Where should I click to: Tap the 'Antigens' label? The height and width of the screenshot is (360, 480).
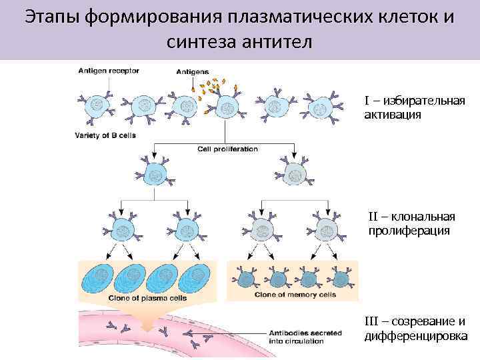193,71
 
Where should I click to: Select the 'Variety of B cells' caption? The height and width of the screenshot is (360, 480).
105,135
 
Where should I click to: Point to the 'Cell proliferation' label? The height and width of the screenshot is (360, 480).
227,149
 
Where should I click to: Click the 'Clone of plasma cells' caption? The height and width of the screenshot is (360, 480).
147,298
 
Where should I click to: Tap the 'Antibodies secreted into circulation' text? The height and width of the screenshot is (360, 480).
305,337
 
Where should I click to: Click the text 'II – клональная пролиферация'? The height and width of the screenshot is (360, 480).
412,223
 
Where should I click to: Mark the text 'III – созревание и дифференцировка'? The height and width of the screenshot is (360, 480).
415,329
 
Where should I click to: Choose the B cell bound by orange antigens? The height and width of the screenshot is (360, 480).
226,105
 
